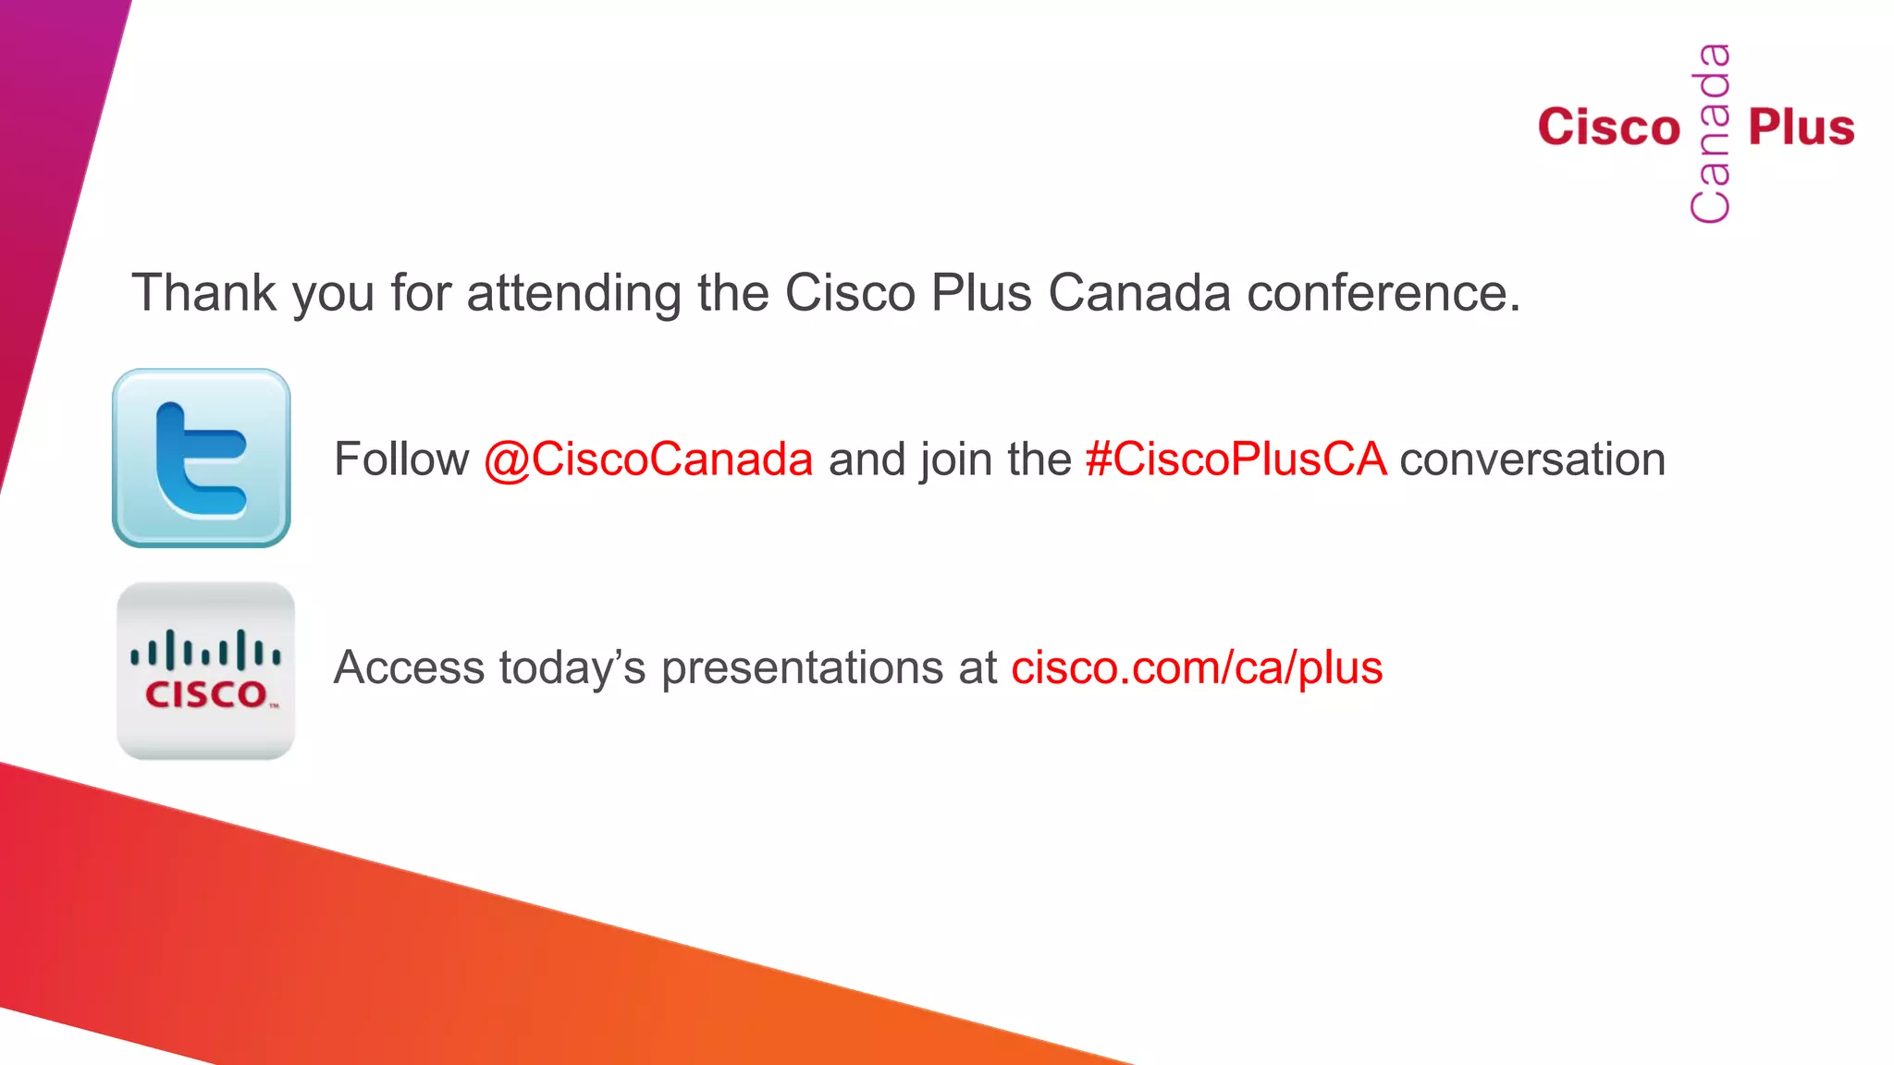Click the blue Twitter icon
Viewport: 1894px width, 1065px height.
click(x=202, y=458)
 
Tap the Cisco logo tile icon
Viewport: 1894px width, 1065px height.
click(x=205, y=671)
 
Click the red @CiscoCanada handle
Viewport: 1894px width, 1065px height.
click(x=648, y=459)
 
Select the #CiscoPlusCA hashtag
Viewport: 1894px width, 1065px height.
click(x=1236, y=459)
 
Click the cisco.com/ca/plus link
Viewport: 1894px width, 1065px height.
click(x=1197, y=667)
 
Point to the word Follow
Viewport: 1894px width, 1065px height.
click(x=401, y=459)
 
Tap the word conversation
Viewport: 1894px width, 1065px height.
click(x=1532, y=459)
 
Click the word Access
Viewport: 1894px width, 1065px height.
click(x=409, y=667)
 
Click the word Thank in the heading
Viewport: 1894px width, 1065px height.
click(x=204, y=293)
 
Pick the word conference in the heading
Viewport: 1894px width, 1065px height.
click(x=1383, y=293)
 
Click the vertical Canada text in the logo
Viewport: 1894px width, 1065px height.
click(x=1710, y=133)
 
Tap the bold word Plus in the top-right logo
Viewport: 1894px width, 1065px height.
click(x=1802, y=128)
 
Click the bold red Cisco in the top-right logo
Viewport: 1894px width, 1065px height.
click(x=1609, y=128)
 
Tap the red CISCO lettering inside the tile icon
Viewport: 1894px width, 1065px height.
click(x=206, y=694)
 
